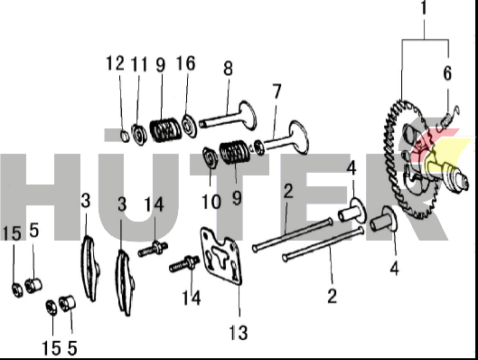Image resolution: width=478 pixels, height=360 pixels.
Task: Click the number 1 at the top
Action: pyautogui.click(x=424, y=8)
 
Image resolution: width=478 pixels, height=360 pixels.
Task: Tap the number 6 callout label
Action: pyautogui.click(x=447, y=73)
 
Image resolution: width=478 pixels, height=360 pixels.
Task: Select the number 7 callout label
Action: pyautogui.click(x=276, y=91)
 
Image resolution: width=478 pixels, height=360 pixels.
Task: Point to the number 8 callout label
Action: pyautogui.click(x=228, y=69)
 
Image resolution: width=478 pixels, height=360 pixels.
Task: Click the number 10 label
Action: pyautogui.click(x=211, y=202)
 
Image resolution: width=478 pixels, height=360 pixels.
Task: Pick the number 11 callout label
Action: pyautogui.click(x=139, y=64)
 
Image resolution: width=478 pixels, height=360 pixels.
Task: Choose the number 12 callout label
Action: pyautogui.click(x=116, y=63)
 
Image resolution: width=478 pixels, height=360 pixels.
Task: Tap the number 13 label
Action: pyautogui.click(x=238, y=333)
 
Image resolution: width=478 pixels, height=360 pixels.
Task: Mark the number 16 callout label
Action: pyautogui.click(x=185, y=63)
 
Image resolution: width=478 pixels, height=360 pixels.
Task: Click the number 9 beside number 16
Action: pyautogui.click(x=161, y=65)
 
